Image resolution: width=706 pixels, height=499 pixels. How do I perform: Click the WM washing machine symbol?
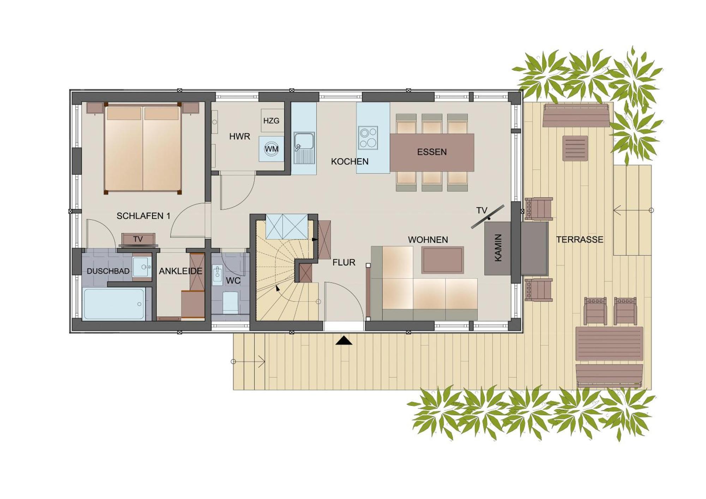[x=271, y=149]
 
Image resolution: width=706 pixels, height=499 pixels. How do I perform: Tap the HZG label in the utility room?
[x=271, y=121]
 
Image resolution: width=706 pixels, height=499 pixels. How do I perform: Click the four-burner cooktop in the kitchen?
[x=368, y=138]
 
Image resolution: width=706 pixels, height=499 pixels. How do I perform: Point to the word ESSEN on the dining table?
[x=432, y=152]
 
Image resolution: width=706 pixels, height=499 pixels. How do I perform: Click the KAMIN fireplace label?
[x=498, y=248]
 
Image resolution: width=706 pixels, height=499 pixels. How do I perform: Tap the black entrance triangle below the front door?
[x=344, y=341]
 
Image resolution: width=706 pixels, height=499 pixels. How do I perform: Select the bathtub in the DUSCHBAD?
[x=114, y=304]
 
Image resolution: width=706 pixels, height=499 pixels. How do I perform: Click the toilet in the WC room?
[x=231, y=302]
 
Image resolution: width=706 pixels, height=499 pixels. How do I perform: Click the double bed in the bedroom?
[x=143, y=148]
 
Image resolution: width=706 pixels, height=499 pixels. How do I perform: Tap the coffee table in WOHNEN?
[x=442, y=260]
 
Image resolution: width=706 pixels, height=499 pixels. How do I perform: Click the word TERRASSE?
[x=579, y=240]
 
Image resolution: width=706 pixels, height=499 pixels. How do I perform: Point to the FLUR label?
[x=343, y=262]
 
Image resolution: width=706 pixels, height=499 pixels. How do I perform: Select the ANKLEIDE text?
[x=180, y=271]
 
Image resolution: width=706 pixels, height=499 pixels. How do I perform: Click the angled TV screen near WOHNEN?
[x=487, y=217]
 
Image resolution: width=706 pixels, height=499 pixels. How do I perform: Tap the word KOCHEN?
[x=349, y=162]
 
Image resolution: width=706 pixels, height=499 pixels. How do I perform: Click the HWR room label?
[x=239, y=137]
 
